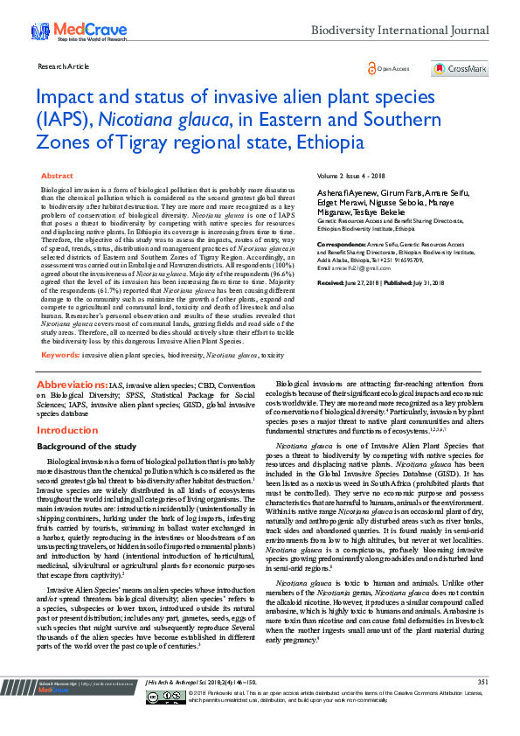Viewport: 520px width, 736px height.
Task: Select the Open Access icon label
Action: tap(390, 68)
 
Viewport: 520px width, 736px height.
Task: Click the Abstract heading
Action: tap(58, 176)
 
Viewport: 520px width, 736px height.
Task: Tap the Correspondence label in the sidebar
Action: tap(342, 237)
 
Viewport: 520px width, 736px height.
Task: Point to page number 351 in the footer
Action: tap(482, 706)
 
